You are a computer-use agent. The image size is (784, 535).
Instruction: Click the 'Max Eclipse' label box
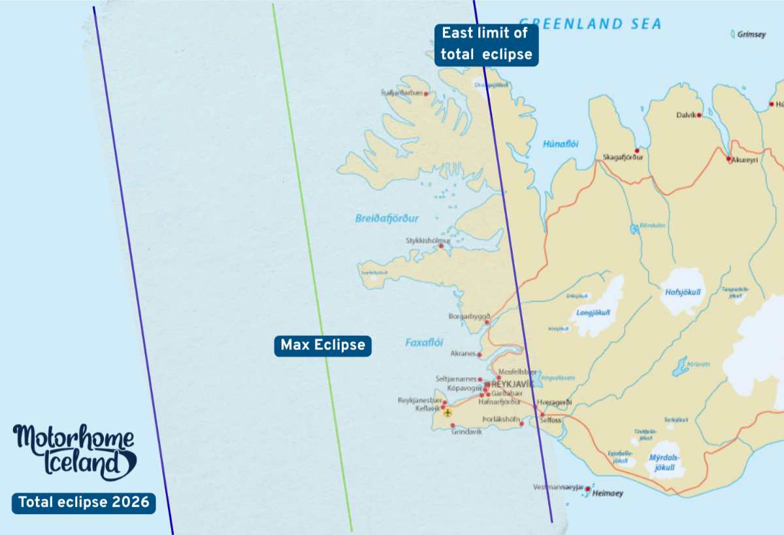pos(323,345)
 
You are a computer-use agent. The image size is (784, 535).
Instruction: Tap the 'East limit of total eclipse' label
pos(486,44)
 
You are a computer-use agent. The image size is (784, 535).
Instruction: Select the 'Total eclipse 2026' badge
pos(84,503)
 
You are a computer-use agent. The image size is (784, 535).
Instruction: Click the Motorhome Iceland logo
pos(74,452)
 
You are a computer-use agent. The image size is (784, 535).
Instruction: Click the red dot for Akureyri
pos(729,158)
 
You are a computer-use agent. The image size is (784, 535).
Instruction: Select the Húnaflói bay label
pos(561,145)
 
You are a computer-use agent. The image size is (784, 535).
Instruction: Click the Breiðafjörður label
pos(387,218)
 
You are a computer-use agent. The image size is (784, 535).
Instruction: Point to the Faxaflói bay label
pos(424,342)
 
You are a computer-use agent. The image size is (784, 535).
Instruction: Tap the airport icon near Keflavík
pos(448,412)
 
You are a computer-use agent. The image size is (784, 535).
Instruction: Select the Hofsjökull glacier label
pos(682,292)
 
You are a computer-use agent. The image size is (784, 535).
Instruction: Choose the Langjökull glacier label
pos(593,313)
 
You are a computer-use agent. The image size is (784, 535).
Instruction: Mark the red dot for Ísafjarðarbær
pos(427,94)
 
